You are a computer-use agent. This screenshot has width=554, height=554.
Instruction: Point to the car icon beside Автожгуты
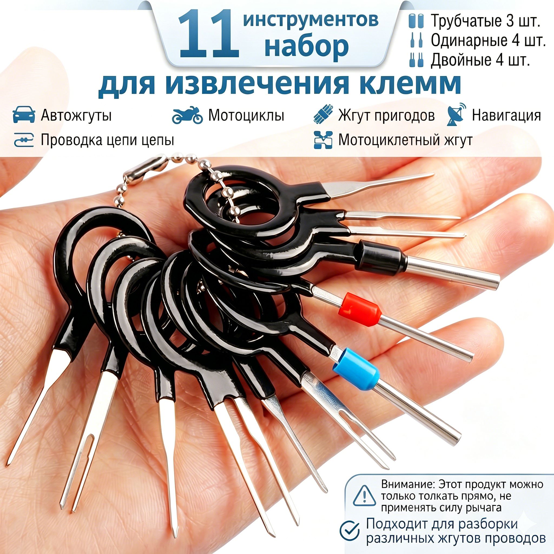tap(24, 115)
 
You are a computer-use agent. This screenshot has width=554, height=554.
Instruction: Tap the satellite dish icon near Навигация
tap(456, 114)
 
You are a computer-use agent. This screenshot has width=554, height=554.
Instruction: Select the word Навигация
tap(506, 116)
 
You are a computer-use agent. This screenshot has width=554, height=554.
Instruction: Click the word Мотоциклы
tap(246, 115)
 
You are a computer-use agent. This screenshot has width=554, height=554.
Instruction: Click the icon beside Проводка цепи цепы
tap(24, 140)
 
